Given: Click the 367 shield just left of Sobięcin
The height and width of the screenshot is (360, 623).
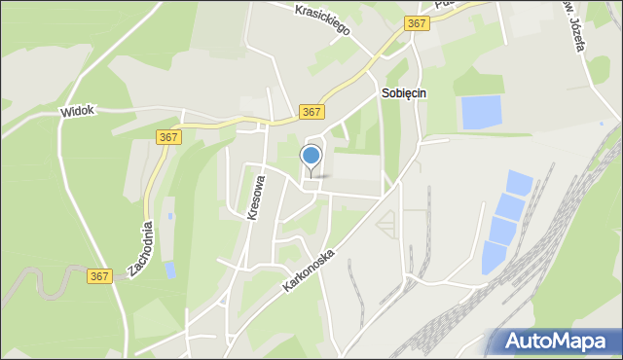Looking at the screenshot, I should pyautogui.click(x=311, y=112).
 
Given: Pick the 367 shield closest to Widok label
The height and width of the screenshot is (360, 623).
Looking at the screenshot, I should pyautogui.click(x=167, y=138).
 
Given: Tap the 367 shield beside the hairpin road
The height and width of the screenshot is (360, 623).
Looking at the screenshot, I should pyautogui.click(x=100, y=276).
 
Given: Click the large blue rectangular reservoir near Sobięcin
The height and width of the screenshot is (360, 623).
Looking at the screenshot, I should pyautogui.click(x=482, y=113).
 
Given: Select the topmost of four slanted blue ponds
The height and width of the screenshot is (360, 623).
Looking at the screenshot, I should pyautogui.click(x=520, y=182).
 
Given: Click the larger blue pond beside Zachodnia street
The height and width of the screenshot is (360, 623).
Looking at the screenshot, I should pyautogui.click(x=170, y=270).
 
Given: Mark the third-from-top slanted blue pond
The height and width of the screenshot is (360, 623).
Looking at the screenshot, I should pyautogui.click(x=502, y=232).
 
